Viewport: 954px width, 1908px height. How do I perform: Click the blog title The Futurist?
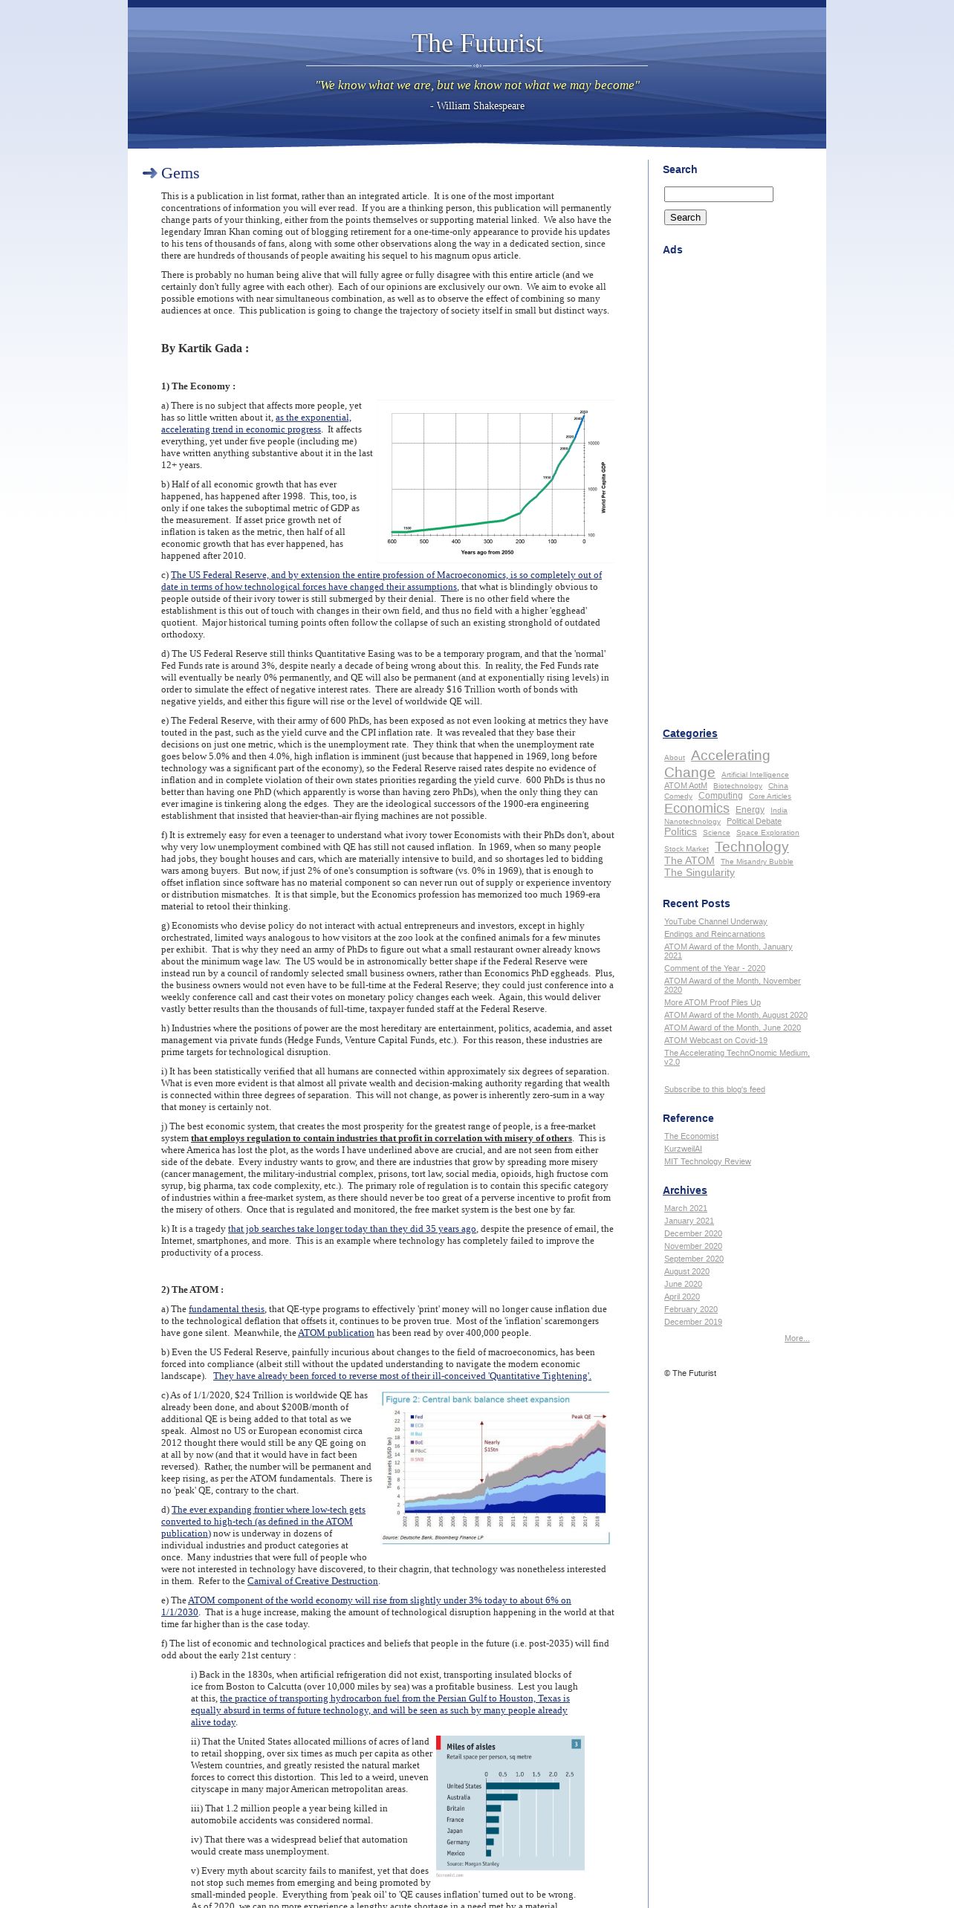(x=477, y=44)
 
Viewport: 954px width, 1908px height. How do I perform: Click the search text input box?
(x=718, y=195)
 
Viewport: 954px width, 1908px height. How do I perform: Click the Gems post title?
(x=180, y=173)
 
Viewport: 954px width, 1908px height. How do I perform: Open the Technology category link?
(x=751, y=847)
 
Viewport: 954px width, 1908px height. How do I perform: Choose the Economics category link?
(x=696, y=808)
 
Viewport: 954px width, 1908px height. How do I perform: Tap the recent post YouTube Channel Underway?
(x=715, y=921)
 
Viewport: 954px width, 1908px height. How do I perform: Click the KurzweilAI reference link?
(x=682, y=1149)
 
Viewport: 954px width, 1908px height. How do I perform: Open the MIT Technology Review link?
(x=707, y=1161)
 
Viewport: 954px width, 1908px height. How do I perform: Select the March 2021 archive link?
(x=685, y=1208)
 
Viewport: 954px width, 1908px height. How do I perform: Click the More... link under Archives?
(x=796, y=1338)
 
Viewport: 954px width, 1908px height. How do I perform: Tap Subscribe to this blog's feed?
(x=714, y=1089)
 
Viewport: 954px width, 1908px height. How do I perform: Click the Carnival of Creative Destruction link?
(x=312, y=1581)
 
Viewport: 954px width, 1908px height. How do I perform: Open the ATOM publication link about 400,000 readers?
(x=336, y=1333)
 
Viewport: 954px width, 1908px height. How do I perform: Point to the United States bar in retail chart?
(x=522, y=1786)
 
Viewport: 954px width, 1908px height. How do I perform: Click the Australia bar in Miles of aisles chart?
(x=502, y=1797)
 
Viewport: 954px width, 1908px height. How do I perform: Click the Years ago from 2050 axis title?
(x=487, y=552)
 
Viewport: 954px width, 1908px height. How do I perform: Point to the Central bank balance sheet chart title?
(x=477, y=1399)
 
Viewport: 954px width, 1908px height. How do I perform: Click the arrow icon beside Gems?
(x=149, y=173)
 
